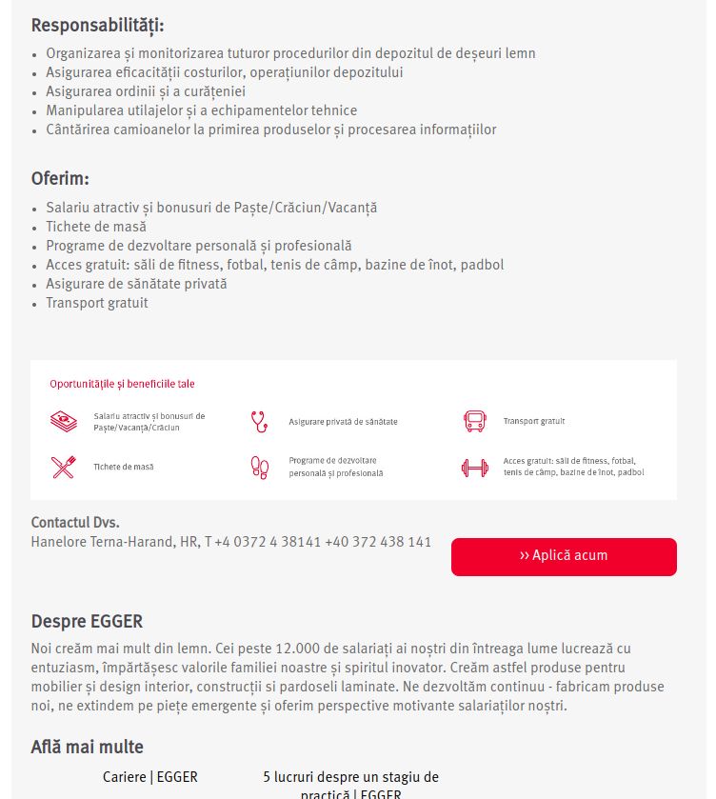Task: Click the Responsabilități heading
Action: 97,26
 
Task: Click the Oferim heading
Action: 60,178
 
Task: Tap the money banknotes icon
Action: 64,421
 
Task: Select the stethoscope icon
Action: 259,421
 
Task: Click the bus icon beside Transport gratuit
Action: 474,421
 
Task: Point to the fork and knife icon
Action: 63,467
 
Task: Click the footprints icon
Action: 259,467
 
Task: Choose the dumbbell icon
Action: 474,468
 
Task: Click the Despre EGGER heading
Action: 87,622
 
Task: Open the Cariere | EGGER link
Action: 150,777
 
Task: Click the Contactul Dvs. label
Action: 75,523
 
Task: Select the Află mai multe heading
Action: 88,748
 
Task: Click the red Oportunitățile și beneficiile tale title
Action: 122,384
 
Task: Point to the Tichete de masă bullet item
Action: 96,227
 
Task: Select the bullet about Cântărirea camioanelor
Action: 270,130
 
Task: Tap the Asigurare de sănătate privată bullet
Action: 136,284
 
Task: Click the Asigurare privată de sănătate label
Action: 343,421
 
